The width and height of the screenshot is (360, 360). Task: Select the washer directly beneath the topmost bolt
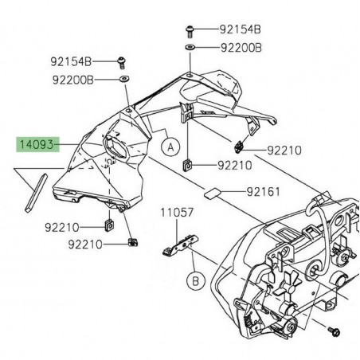click(190, 49)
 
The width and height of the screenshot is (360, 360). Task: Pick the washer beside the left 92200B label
click(125, 80)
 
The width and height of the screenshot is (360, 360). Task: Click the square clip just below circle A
click(187, 165)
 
